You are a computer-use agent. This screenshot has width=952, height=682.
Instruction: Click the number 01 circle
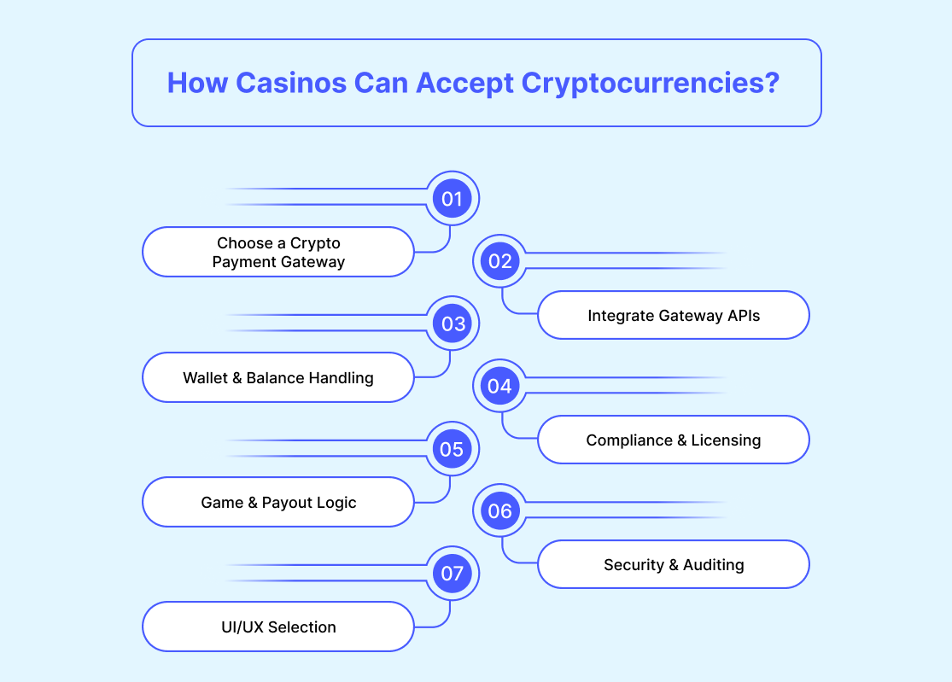[x=452, y=200]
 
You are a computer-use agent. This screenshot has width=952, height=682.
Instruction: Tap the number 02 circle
[x=500, y=261]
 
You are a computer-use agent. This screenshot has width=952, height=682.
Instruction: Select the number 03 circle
[x=452, y=324]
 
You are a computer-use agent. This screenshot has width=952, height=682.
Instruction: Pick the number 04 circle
[x=500, y=386]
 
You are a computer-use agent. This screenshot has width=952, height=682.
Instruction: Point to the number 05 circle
[x=452, y=449]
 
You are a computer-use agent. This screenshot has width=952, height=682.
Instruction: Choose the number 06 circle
[x=500, y=510]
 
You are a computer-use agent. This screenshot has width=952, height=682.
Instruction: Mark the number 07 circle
[x=452, y=574]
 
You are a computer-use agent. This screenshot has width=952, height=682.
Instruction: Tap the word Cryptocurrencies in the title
[x=650, y=83]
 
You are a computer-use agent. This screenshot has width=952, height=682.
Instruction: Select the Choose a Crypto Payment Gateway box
[x=278, y=252]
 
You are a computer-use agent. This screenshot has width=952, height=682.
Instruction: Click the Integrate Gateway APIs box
[x=673, y=315]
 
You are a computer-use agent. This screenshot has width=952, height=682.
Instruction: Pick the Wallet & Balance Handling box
[x=278, y=377]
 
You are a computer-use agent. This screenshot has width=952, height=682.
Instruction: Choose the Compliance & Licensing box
[x=673, y=440]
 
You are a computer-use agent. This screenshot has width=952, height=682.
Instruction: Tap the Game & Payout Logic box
[x=278, y=502]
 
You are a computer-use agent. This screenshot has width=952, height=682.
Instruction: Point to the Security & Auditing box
[x=673, y=564]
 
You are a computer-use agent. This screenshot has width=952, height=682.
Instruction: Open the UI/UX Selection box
[x=278, y=627]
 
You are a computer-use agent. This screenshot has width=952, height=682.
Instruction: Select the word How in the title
[x=196, y=83]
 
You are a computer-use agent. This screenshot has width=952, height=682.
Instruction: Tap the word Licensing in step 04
[x=726, y=440]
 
